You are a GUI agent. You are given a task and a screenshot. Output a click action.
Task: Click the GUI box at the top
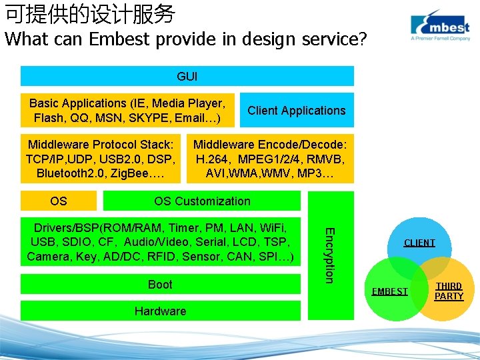[x=187, y=77]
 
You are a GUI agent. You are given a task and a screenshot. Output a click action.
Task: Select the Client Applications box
[x=297, y=111]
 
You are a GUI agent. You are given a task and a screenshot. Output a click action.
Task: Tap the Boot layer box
[x=160, y=285]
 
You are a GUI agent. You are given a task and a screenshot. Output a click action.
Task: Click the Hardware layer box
[x=160, y=311]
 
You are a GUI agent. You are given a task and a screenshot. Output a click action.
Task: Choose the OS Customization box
[x=202, y=201]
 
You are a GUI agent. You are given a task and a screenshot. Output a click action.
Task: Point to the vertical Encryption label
[x=329, y=254]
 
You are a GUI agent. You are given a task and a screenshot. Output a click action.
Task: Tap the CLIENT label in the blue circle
[x=419, y=243]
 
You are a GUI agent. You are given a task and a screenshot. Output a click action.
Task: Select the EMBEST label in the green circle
[x=390, y=291]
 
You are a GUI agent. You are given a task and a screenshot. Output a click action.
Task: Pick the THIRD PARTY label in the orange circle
[x=449, y=291]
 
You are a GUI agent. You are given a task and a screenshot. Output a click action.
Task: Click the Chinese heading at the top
[x=90, y=13]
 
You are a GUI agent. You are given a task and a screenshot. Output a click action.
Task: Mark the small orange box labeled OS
[x=59, y=201]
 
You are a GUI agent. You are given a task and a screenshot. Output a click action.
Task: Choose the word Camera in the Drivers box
[x=48, y=257]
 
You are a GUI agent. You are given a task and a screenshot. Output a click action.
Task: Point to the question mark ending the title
[x=362, y=39]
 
